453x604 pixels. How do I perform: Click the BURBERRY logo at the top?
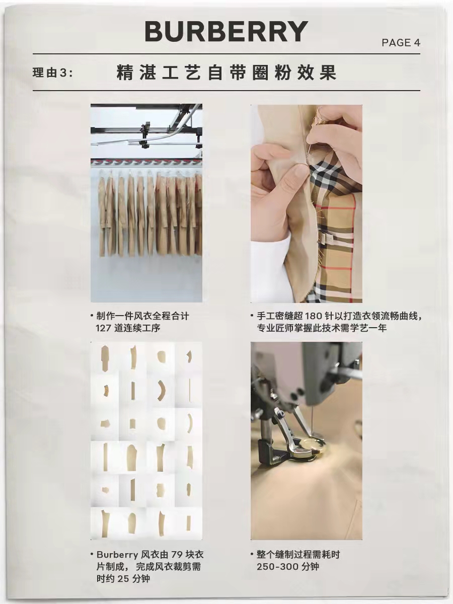[226, 32]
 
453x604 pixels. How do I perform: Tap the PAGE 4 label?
[401, 43]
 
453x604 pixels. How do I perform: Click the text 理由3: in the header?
[53, 73]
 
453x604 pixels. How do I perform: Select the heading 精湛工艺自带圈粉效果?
[226, 73]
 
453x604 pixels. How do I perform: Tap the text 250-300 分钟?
[287, 566]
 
